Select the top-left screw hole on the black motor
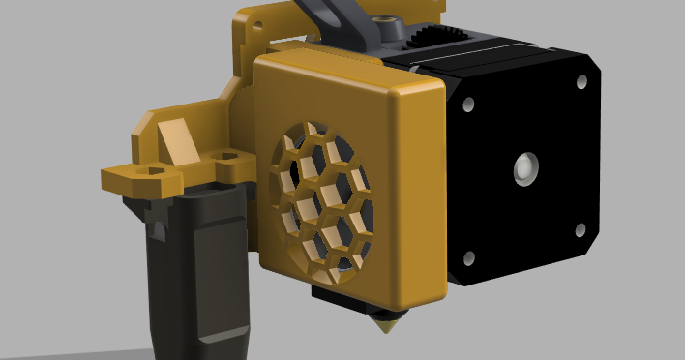click(x=467, y=104)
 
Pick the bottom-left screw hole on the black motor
click(x=468, y=258)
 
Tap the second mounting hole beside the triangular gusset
click(x=228, y=155)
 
